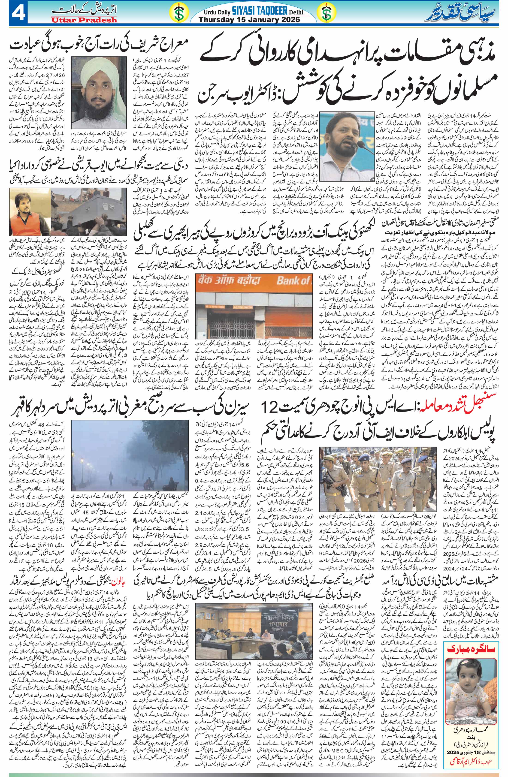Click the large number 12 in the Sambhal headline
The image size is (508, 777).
tap(275, 407)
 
